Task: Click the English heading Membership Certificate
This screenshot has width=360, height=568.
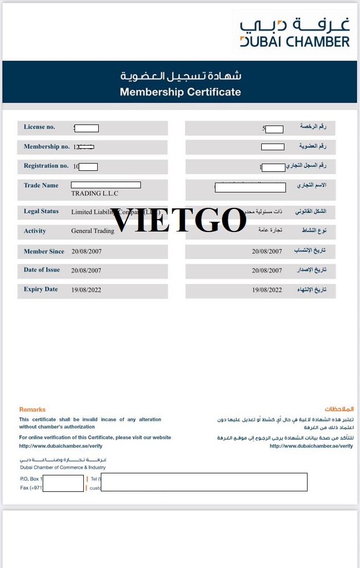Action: [180, 92]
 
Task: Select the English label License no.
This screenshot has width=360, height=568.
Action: [40, 127]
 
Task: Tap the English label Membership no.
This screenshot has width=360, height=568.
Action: [46, 147]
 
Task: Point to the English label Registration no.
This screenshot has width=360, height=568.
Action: [46, 166]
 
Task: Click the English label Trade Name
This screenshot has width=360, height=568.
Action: [41, 185]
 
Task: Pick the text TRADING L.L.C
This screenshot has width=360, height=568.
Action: [95, 193]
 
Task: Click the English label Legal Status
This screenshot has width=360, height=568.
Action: [41, 211]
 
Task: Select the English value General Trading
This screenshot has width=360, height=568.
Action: [93, 231]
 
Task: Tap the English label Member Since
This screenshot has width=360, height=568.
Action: [44, 252]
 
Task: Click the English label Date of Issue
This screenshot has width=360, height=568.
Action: [42, 270]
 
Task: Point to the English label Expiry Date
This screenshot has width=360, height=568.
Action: [41, 289]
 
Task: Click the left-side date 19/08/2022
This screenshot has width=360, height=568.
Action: [86, 290]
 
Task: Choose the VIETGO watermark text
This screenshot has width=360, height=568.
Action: [178, 220]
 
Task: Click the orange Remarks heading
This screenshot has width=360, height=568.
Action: [32, 410]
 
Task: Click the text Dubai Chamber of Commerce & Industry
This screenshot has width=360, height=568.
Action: [63, 468]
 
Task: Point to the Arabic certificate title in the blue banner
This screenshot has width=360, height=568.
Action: [181, 76]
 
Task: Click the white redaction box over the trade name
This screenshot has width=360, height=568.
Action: [105, 185]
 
